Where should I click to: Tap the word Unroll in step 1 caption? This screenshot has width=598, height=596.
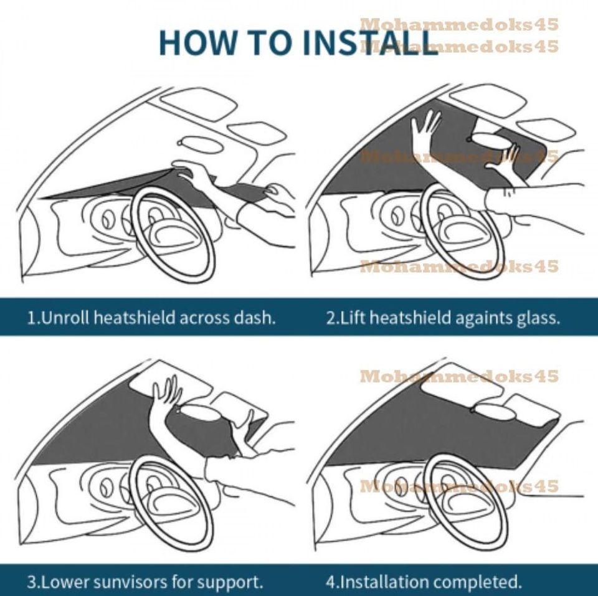pyautogui.click(x=62, y=318)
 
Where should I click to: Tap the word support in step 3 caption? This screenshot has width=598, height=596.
pyautogui.click(x=230, y=583)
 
